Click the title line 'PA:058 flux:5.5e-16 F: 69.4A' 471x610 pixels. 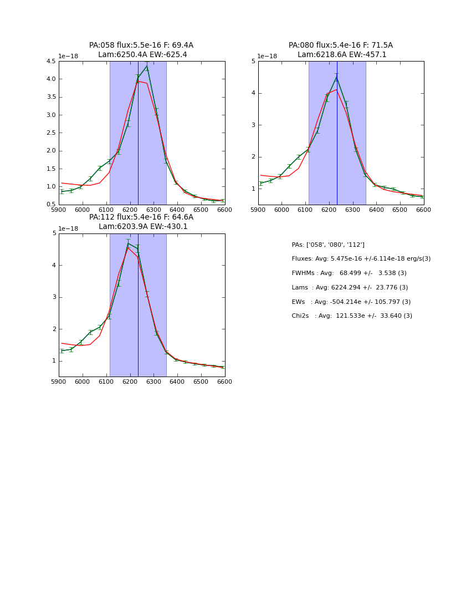141,45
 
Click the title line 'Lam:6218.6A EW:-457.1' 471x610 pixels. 341,55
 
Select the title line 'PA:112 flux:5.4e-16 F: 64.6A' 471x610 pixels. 141,217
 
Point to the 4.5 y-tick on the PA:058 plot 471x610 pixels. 50,61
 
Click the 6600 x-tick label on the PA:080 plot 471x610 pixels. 423,210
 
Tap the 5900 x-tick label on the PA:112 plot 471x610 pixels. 59,382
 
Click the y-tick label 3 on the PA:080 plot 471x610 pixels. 253,125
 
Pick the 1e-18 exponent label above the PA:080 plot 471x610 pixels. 268,56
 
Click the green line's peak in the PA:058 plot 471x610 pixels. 147,67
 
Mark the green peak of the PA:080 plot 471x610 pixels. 336,78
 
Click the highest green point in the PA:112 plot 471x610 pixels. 128,243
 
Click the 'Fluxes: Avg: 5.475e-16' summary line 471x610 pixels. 361,259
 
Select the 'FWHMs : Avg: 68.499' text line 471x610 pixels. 349,273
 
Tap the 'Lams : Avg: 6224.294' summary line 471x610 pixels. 350,288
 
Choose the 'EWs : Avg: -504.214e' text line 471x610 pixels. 351,302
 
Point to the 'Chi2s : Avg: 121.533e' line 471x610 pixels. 352,316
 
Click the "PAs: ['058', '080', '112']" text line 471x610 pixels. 328,245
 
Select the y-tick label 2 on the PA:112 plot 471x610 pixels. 54,329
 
